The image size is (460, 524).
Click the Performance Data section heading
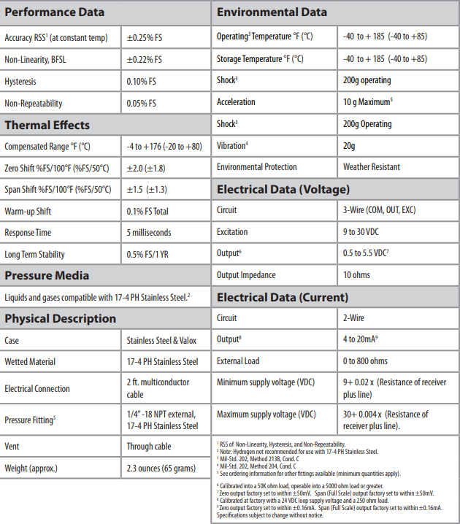pos(55,12)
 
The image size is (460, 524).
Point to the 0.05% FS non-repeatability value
pos(142,104)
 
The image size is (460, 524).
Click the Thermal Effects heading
pos(47,125)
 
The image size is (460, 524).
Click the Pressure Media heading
pos(47,275)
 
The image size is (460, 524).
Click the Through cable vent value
pos(150,446)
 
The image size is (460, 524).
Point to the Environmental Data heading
pos(272,12)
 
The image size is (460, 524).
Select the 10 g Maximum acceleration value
pos(368,102)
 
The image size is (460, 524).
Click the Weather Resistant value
pos(372,167)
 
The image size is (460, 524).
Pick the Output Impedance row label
pos(246,275)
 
